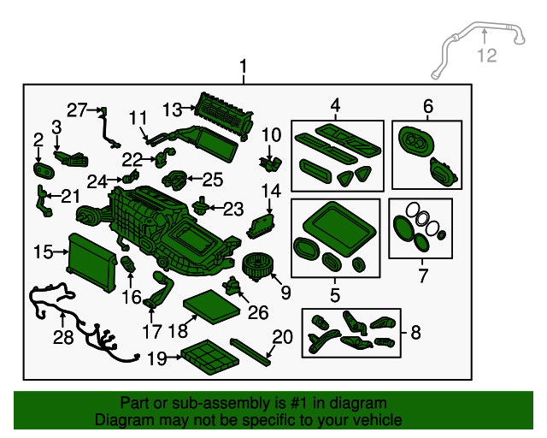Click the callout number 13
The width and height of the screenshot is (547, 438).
[x=173, y=109]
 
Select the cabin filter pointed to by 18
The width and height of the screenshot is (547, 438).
[x=212, y=307]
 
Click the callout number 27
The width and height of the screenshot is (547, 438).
[x=77, y=110]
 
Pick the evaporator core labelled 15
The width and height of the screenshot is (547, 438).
[x=91, y=263]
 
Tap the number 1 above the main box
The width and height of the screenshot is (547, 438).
[x=243, y=67]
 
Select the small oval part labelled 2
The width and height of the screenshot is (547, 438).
[x=44, y=170]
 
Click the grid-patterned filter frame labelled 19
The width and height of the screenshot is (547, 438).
[x=210, y=357]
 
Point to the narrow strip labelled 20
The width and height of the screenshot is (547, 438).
[x=250, y=352]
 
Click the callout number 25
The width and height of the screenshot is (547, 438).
[x=213, y=180]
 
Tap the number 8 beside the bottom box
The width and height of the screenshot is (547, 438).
[x=415, y=333]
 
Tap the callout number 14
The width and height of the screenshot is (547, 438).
[x=271, y=191]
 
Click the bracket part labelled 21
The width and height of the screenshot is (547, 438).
[x=44, y=202]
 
